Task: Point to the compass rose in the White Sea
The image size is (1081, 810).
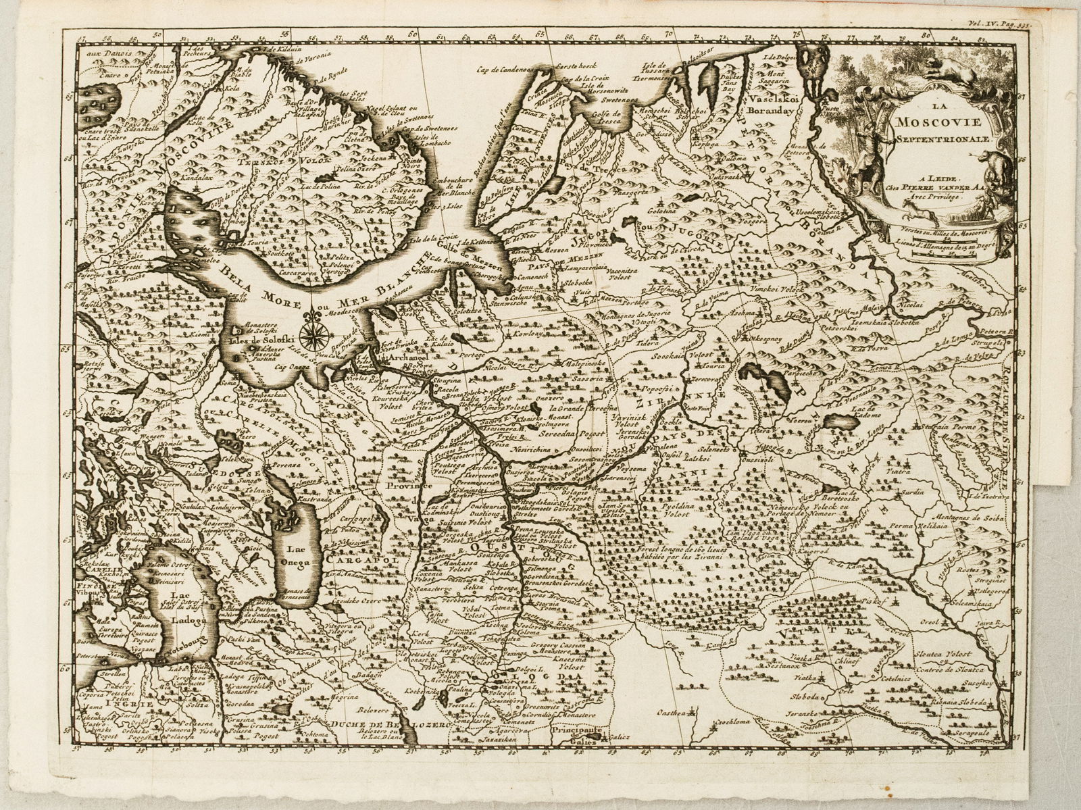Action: click(312, 330)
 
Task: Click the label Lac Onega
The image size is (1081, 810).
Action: click(295, 555)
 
